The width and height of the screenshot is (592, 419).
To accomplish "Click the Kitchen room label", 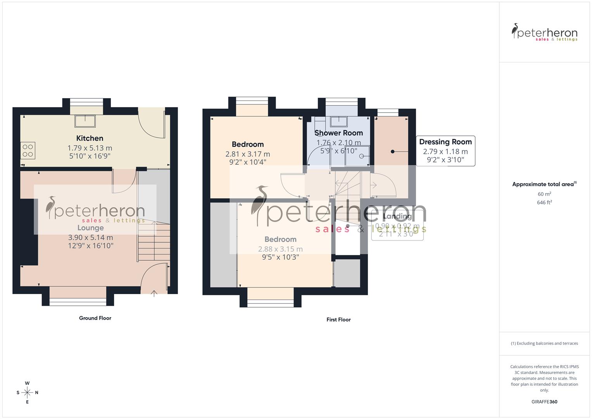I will [90, 138].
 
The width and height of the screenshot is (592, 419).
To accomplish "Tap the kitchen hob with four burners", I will [28, 151].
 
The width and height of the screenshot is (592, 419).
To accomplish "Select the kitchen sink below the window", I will [85, 121].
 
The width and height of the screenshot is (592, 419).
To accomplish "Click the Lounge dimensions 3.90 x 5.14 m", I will [90, 237].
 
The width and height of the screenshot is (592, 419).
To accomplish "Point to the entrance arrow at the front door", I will [154, 293].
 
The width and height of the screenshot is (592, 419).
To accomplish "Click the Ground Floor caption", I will [95, 318].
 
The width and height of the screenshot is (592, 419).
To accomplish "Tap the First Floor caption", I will [338, 320].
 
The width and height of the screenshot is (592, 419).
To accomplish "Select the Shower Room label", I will [338, 133].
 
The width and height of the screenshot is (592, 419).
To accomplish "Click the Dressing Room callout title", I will [445, 142].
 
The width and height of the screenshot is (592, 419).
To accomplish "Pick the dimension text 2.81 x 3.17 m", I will [248, 154].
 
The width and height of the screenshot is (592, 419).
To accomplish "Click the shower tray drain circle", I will [361, 156].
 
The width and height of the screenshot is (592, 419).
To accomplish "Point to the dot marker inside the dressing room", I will [392, 152].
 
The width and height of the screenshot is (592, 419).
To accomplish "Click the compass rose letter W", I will [27, 383].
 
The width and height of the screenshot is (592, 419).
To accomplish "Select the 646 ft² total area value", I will [544, 203].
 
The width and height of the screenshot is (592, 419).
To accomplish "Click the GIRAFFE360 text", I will [544, 402].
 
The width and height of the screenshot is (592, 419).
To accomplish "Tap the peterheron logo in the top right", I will [544, 33].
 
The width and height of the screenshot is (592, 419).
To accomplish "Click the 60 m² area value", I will [544, 194].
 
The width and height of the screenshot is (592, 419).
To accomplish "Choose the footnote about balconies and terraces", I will [544, 343].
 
